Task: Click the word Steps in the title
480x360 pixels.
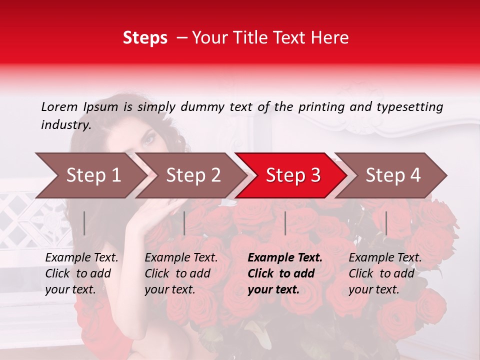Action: point(145,38)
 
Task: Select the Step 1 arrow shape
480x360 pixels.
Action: point(90,175)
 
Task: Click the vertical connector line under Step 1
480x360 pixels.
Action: point(84,223)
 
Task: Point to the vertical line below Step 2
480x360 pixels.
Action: point(184,223)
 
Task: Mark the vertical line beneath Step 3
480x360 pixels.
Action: point(285,223)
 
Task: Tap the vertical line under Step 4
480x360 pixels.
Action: point(386,223)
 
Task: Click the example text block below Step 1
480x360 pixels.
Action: point(81,273)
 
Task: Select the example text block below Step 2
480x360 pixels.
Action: point(181,273)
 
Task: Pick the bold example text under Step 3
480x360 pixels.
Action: point(285,273)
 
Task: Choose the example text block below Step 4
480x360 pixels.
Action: point(385,273)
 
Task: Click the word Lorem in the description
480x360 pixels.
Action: point(59,106)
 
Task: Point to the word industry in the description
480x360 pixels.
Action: point(66,125)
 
